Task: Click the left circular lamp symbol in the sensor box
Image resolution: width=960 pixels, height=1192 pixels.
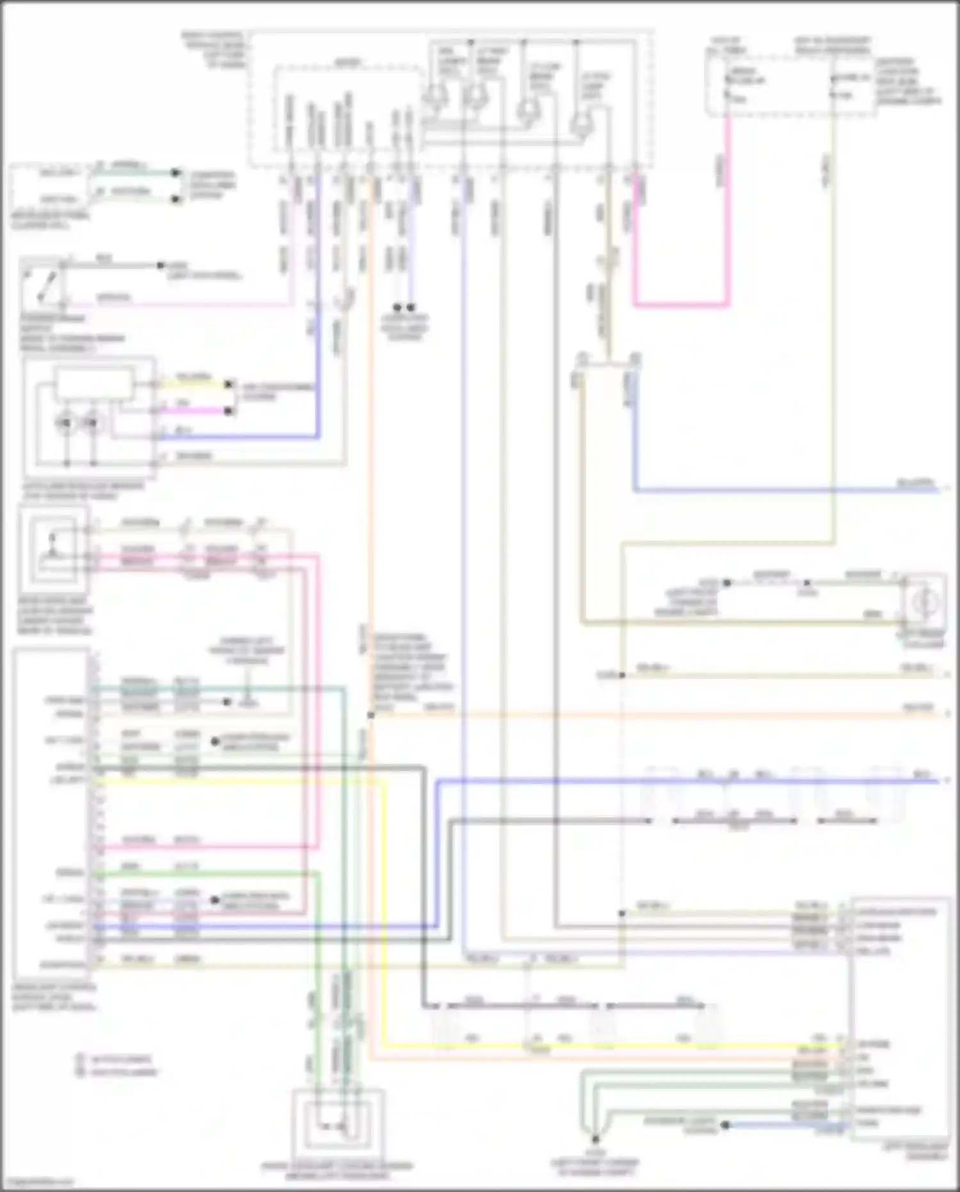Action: (x=66, y=423)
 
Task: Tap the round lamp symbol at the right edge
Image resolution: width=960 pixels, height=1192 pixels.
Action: (x=925, y=602)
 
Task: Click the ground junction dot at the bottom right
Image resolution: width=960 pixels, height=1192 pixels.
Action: (x=595, y=1139)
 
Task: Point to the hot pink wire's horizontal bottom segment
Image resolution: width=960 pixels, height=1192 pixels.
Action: (x=681, y=305)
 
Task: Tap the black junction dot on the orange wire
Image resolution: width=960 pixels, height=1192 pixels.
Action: (x=371, y=715)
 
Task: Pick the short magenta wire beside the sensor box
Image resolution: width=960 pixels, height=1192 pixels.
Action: (x=192, y=411)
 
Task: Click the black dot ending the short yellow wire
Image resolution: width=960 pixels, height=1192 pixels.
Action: (x=228, y=384)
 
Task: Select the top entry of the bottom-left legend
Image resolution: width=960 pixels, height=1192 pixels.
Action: (x=115, y=1059)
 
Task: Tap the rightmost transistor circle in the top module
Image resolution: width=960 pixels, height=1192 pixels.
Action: (x=580, y=122)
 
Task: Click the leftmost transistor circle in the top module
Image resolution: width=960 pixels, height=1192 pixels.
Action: (x=435, y=96)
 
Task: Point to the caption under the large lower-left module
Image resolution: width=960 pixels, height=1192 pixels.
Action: (x=54, y=997)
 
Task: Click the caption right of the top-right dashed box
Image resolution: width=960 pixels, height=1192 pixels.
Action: (x=909, y=82)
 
